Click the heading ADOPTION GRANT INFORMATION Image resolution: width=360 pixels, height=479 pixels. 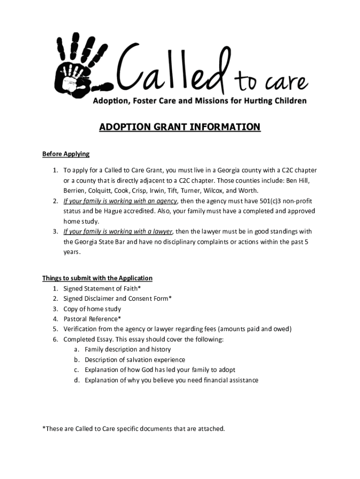pyautogui.click(x=180, y=127)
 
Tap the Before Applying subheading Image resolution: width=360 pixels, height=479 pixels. pyautogui.click(x=65, y=153)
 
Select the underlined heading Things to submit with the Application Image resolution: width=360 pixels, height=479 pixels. pyautogui.click(x=97, y=278)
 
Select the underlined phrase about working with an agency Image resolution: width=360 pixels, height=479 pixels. pyautogui.click(x=120, y=201)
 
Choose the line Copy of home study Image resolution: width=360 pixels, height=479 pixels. pyautogui.click(x=92, y=309)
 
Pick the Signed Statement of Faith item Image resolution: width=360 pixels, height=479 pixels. pyautogui.click(x=102, y=288)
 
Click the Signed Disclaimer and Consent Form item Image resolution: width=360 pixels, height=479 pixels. pyautogui.click(x=117, y=298)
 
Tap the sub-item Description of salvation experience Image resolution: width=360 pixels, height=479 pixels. pyautogui.click(x=135, y=360)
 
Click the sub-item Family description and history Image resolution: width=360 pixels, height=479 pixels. pyautogui.click(x=128, y=349)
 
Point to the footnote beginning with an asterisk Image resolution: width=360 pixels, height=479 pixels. pyautogui.click(x=133, y=428)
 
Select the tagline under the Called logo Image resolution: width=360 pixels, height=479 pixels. pyautogui.click(x=199, y=101)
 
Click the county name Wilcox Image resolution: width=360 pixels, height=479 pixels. pyautogui.click(x=214, y=191)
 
